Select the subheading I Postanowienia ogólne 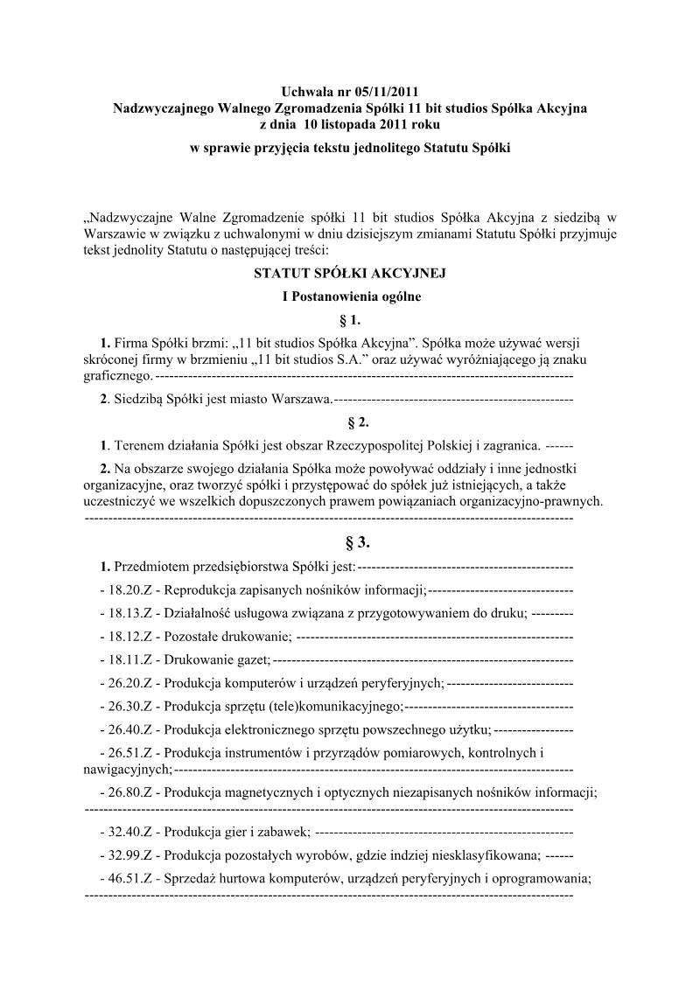(x=350, y=296)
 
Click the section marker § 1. (x=350, y=319)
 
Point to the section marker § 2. (x=350, y=422)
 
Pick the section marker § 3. (x=350, y=542)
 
